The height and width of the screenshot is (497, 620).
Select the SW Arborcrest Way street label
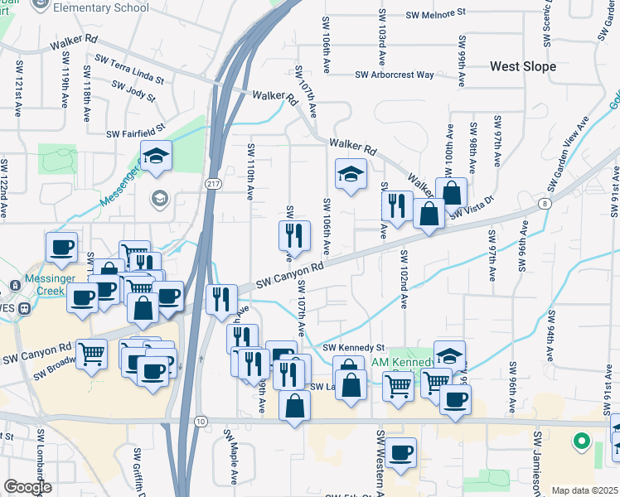coord(395,75)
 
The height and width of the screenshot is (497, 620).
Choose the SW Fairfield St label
coord(135,132)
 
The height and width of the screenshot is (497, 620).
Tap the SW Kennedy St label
coord(354,347)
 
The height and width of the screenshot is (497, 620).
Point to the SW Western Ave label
coord(381,464)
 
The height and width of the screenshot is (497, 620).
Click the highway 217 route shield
coord(213,181)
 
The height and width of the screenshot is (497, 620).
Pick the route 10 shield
coord(201,422)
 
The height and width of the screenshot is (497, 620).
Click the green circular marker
coord(581,442)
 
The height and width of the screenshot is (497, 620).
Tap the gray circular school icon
coord(159,198)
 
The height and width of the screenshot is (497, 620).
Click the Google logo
coord(27,487)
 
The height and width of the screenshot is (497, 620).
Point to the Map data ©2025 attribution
coord(584,490)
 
